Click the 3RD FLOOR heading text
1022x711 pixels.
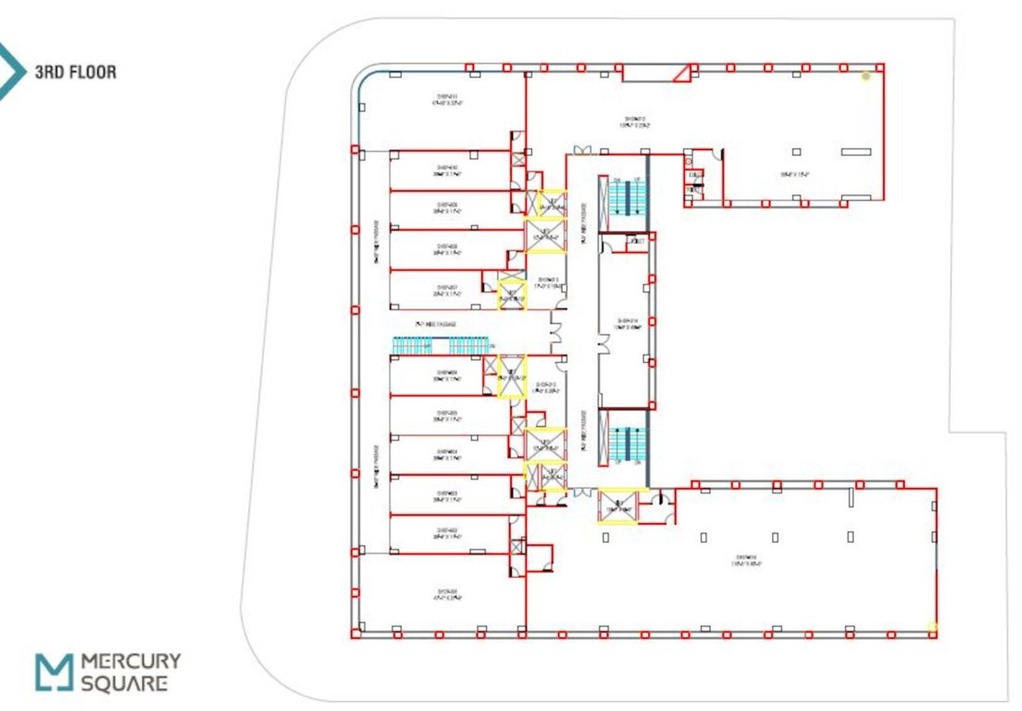click(75, 71)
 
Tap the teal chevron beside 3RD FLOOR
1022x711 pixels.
click(12, 70)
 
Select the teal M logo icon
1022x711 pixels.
click(53, 671)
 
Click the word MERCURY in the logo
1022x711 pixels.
click(131, 662)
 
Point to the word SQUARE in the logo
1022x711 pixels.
click(124, 684)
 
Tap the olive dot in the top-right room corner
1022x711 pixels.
click(866, 76)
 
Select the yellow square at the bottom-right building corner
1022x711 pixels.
click(932, 628)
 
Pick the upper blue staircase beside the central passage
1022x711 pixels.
click(626, 197)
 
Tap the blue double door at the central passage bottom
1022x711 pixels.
click(580, 493)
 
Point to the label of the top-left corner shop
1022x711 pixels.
click(447, 100)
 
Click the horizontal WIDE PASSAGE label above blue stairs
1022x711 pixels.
click(436, 324)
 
